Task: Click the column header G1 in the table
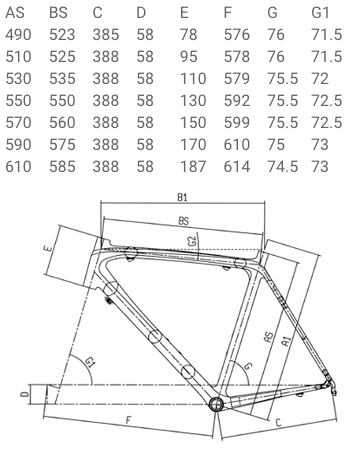(320, 13)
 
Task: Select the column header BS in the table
(58, 13)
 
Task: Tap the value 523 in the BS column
(62, 35)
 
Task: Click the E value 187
(193, 167)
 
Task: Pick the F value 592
(237, 101)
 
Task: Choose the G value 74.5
(282, 167)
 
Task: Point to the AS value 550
(18, 101)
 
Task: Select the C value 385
(106, 35)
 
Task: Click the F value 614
(237, 167)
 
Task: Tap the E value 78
(189, 35)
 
